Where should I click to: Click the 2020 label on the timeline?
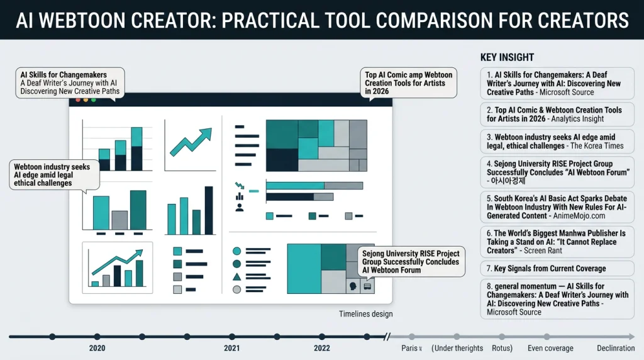(97, 348)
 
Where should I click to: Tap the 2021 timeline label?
(232, 348)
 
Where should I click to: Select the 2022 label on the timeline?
(321, 348)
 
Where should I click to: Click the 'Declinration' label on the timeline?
(616, 348)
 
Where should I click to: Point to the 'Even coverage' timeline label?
(550, 348)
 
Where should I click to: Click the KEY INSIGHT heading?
(507, 57)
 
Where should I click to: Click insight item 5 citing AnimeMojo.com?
(557, 207)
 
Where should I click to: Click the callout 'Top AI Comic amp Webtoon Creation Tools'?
(409, 83)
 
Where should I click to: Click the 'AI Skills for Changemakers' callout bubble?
(69, 83)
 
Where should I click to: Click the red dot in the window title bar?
(78, 100)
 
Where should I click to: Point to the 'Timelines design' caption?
(365, 314)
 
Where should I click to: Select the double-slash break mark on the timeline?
(387, 337)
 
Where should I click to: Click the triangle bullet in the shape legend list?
(236, 277)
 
